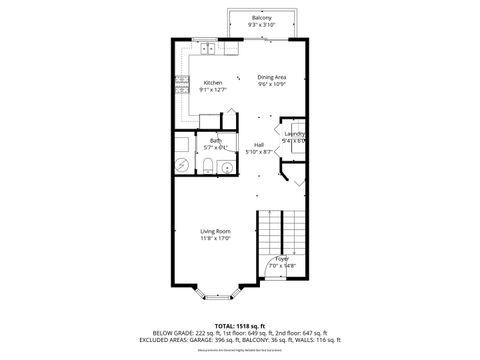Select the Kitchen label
coord(213,82)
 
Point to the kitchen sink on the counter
coord(207,48)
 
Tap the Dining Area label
coord(272,77)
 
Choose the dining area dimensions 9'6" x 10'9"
coord(272,85)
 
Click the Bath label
coord(215,141)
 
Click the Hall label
coord(258,144)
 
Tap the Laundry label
coord(294,134)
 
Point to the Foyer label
coord(282,258)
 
